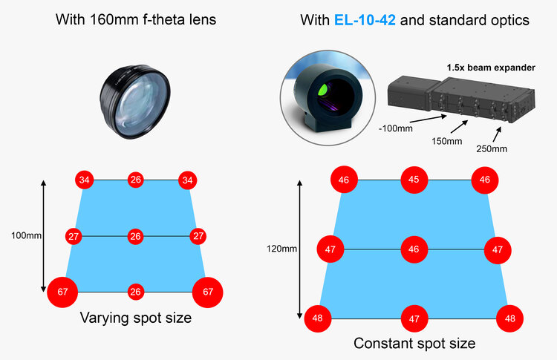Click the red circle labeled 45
pos(414,179)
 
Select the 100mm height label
pos(26,235)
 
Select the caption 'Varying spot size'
pos(135,318)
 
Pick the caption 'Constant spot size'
pos(414,343)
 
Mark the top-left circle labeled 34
pos(85,180)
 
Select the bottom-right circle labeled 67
pos(208,292)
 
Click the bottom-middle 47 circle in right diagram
pos(414,318)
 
